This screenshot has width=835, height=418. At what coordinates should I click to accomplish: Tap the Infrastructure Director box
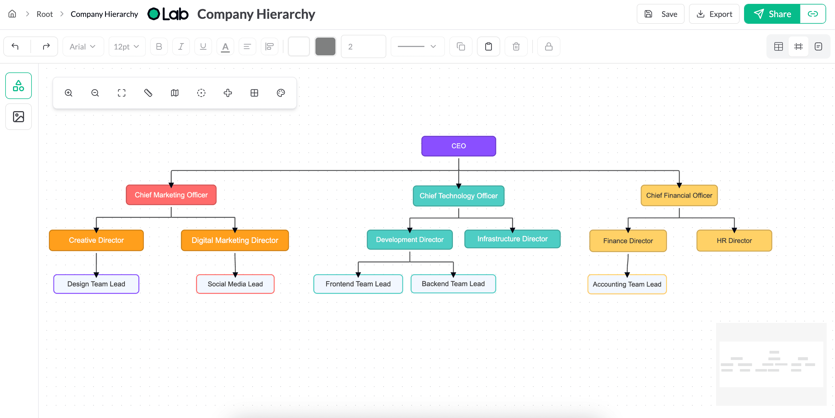click(x=512, y=239)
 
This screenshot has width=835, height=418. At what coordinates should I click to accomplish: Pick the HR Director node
click(x=734, y=241)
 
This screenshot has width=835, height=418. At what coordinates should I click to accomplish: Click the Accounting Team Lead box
click(x=627, y=284)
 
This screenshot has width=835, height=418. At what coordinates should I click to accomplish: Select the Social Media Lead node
click(x=235, y=284)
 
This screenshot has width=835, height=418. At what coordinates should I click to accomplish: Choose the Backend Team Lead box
click(x=453, y=284)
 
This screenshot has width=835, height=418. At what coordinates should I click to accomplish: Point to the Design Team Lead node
click(x=96, y=284)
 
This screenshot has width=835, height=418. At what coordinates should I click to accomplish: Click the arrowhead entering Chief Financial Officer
click(x=679, y=185)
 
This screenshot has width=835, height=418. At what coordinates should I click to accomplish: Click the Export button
click(x=714, y=14)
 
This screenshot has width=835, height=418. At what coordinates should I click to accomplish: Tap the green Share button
click(x=772, y=14)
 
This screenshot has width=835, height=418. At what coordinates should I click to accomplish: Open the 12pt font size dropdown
click(x=126, y=47)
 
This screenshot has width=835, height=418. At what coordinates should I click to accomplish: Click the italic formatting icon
click(x=181, y=47)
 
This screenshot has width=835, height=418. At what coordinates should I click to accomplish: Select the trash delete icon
click(x=516, y=47)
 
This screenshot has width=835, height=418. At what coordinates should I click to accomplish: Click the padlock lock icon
click(x=549, y=47)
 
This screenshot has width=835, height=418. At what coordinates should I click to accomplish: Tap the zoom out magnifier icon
click(x=95, y=93)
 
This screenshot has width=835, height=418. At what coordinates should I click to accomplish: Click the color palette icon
click(x=281, y=93)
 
